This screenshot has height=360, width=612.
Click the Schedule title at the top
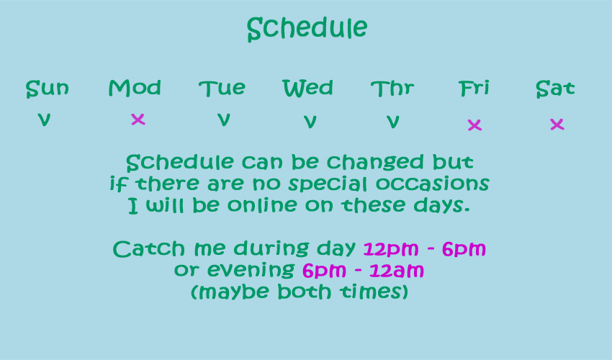pyautogui.click(x=307, y=29)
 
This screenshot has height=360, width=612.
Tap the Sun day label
pyautogui.click(x=48, y=89)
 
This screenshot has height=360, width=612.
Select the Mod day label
pyautogui.click(x=135, y=88)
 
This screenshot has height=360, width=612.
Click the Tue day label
pyautogui.click(x=222, y=89)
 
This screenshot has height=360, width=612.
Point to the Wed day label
pyautogui.click(x=308, y=88)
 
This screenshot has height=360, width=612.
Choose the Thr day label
pyautogui.click(x=392, y=89)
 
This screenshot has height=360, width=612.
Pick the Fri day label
pyautogui.click(x=474, y=88)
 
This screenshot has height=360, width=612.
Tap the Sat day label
pyautogui.click(x=555, y=89)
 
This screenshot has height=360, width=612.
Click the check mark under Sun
pyautogui.click(x=44, y=120)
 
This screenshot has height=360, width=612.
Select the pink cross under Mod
pyautogui.click(x=138, y=119)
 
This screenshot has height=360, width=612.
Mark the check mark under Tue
pyautogui.click(x=224, y=120)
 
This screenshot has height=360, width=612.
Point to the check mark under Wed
pyautogui.click(x=310, y=122)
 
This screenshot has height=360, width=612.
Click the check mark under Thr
pyautogui.click(x=393, y=122)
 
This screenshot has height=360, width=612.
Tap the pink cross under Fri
pyautogui.click(x=474, y=125)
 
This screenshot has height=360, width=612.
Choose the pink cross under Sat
pyautogui.click(x=557, y=124)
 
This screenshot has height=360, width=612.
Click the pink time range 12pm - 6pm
pyautogui.click(x=425, y=249)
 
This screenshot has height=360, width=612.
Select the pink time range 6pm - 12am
pyautogui.click(x=363, y=271)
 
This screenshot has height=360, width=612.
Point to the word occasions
pyautogui.click(x=433, y=184)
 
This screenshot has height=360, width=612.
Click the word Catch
pyautogui.click(x=149, y=248)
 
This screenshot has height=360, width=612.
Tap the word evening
pyautogui.click(x=251, y=270)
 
